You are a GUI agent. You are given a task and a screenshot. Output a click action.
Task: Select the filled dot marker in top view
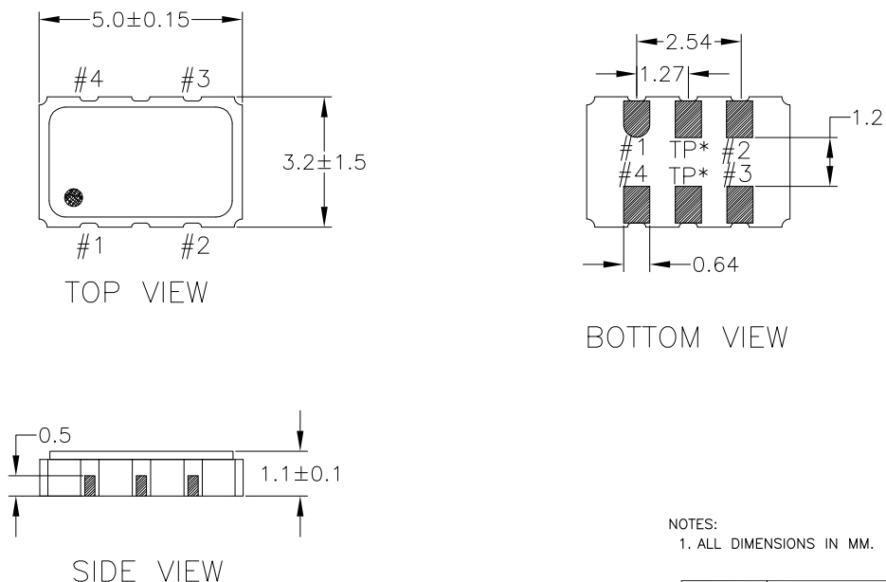click(75, 197)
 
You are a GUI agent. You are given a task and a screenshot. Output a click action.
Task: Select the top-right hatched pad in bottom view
click(738, 118)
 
